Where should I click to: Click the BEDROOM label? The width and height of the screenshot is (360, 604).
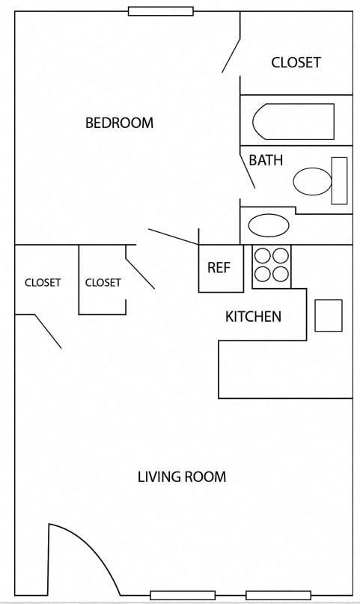click(x=119, y=123)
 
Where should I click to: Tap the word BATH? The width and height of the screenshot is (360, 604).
click(x=266, y=160)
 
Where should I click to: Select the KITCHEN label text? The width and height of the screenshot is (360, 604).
click(x=253, y=317)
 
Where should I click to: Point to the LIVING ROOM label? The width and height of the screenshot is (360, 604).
click(x=181, y=477)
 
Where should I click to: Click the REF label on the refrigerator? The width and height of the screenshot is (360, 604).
click(x=219, y=268)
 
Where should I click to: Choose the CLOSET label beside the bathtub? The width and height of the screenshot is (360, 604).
click(x=296, y=62)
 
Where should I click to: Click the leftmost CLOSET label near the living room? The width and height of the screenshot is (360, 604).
click(x=43, y=282)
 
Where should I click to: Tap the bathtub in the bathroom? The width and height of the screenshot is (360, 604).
click(x=293, y=121)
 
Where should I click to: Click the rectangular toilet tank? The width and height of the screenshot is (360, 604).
click(x=339, y=180)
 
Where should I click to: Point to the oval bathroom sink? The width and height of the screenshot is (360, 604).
click(x=268, y=225)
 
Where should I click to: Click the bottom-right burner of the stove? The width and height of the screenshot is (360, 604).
click(x=281, y=274)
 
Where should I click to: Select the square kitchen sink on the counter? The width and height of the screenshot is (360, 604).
click(x=328, y=315)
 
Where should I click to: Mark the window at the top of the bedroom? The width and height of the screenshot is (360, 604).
click(x=160, y=11)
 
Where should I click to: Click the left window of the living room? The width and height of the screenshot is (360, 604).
click(x=183, y=595)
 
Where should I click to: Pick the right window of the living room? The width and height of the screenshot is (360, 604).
click(x=278, y=595)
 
